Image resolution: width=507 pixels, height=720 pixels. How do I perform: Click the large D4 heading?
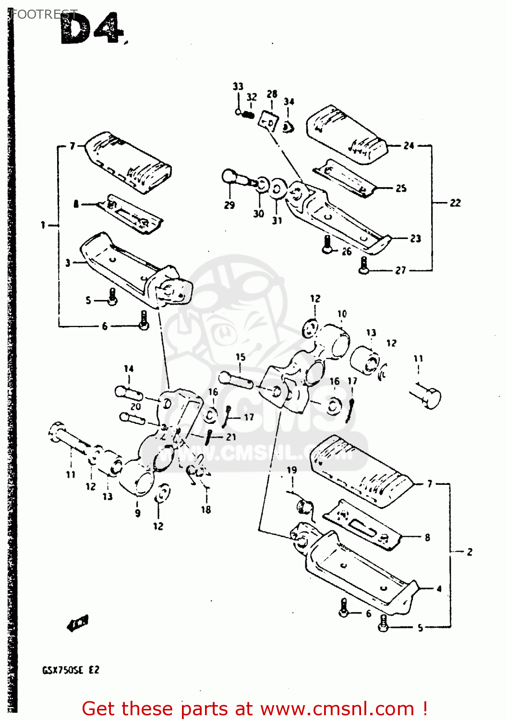[91, 30]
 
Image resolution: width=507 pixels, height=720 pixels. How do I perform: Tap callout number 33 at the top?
[238, 86]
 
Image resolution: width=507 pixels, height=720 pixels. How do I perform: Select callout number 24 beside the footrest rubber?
[409, 145]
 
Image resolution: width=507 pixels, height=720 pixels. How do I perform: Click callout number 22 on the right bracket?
[455, 203]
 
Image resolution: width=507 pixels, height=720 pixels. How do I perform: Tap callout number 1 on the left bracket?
[43, 225]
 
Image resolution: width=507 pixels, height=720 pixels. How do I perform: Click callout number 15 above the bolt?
[241, 357]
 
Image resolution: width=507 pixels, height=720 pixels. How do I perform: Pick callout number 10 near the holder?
[342, 314]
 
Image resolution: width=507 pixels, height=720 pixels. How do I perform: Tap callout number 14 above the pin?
[129, 369]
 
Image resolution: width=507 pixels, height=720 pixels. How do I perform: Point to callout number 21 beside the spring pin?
[231, 437]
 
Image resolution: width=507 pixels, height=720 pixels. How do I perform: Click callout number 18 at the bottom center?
[206, 510]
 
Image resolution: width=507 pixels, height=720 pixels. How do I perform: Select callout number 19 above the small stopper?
[292, 470]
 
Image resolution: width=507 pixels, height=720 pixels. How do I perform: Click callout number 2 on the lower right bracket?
[470, 552]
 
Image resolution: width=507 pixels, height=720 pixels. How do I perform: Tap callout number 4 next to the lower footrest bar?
[439, 588]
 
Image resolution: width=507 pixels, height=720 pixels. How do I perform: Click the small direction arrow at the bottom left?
[78, 623]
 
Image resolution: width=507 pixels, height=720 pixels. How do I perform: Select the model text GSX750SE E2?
[71, 670]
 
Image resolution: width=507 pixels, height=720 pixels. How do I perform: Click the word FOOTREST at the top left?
[43, 14]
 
